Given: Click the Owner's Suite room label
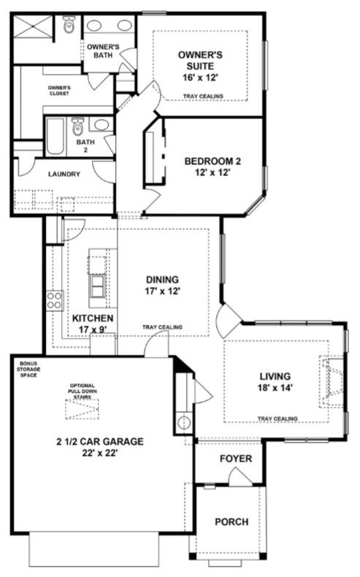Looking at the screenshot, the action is [200, 61].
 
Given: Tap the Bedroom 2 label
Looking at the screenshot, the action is [212, 161].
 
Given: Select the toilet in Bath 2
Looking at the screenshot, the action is [77, 126].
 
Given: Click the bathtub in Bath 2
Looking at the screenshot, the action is [55, 136].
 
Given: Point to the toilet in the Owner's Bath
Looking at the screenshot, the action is [69, 24].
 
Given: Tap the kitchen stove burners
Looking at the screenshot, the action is [55, 299].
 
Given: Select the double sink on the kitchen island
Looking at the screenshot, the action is [97, 286].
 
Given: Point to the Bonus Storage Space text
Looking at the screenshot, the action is [28, 369].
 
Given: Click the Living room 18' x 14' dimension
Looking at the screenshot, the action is [275, 388].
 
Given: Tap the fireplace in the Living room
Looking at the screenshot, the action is [332, 381].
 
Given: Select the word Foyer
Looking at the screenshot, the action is [236, 459].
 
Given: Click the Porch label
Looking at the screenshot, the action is [231, 521].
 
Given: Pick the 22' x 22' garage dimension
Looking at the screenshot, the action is [100, 453].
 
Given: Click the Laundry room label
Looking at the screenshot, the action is [64, 174].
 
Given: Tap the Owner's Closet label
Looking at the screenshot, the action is [59, 91].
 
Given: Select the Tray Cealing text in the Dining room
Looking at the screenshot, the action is [162, 327].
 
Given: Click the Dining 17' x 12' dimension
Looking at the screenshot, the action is [162, 291].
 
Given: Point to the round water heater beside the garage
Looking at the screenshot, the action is [183, 421].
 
